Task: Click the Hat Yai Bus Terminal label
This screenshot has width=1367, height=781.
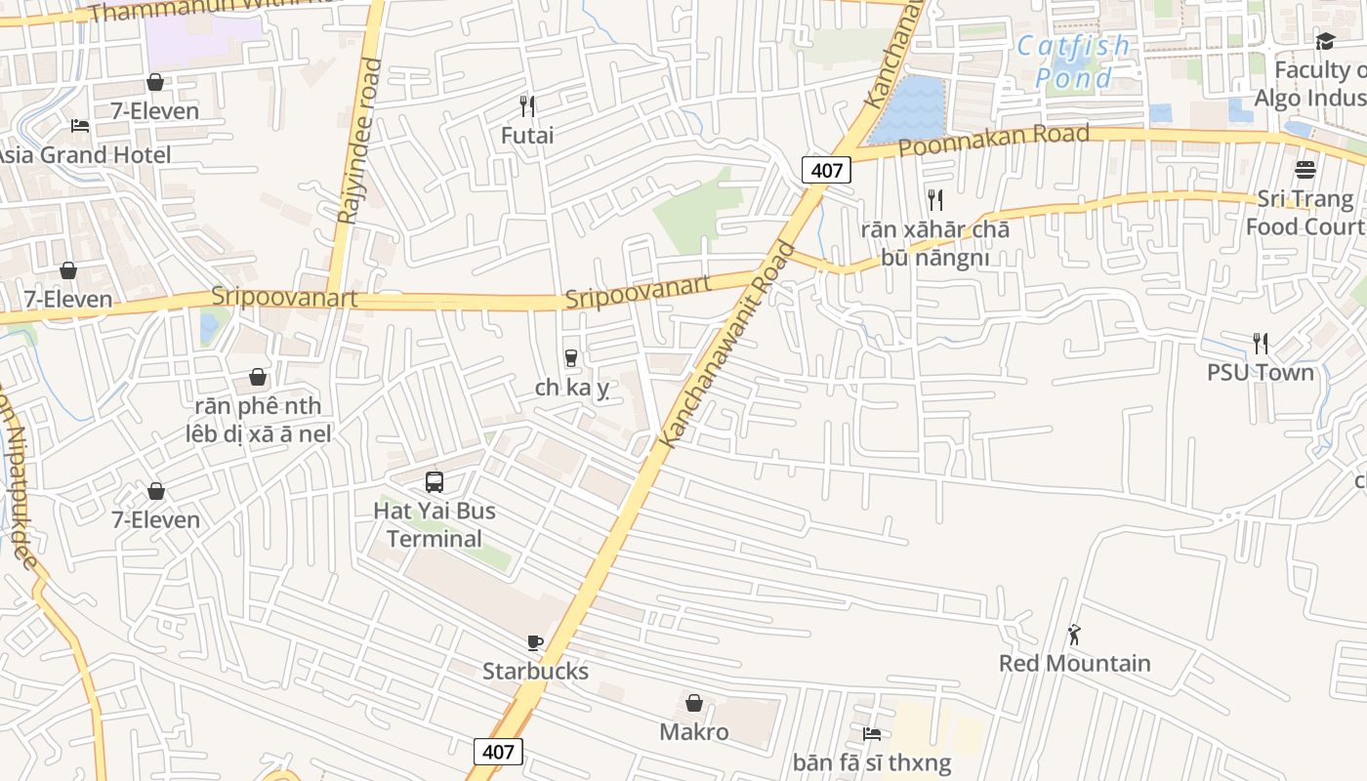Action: [x=435, y=524]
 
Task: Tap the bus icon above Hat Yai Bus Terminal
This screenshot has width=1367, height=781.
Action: [x=435, y=481]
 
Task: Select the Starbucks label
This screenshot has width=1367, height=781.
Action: [x=535, y=671]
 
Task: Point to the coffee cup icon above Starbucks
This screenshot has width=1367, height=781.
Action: [x=534, y=642]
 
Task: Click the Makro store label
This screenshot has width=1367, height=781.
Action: [x=693, y=731]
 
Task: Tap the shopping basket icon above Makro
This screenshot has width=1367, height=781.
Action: [x=693, y=703]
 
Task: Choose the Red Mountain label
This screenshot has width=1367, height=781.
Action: [x=1074, y=663]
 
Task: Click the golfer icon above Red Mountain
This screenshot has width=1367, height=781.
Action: [x=1074, y=635]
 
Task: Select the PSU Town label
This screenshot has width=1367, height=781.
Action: [x=1260, y=372]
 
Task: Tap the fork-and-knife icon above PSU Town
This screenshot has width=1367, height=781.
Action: [x=1261, y=343]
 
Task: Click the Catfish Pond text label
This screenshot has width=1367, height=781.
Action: [x=1073, y=62]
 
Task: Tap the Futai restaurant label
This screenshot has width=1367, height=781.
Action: [x=527, y=135]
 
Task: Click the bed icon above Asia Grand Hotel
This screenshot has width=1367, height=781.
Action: [x=80, y=126]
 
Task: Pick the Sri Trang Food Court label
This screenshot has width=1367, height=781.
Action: [x=1305, y=212]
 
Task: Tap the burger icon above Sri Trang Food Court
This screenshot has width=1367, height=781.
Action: [x=1305, y=170]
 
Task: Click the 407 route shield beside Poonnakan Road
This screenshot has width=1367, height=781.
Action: [x=826, y=170]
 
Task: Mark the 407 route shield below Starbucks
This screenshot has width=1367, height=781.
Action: [x=498, y=752]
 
